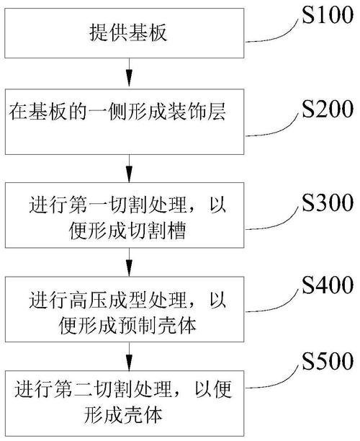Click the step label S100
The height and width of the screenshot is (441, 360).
tap(328, 14)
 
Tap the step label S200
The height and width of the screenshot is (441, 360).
tap(328, 109)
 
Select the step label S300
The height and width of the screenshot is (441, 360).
tap(328, 202)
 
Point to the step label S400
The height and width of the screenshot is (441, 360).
tap(328, 285)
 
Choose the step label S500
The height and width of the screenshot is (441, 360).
tap(328, 361)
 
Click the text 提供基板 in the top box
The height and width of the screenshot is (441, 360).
tap(128, 32)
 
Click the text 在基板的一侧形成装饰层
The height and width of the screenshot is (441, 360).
tap(117, 112)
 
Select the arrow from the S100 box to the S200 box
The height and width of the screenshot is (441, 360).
tap(129, 72)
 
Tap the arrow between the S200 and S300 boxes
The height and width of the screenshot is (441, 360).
tap(129, 169)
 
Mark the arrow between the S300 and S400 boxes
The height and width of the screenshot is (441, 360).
tap(129, 262)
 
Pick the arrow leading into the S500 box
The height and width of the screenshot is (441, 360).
tap(129, 357)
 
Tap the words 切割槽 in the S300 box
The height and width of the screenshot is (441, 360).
tap(157, 231)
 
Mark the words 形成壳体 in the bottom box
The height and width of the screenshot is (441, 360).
tap(123, 414)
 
